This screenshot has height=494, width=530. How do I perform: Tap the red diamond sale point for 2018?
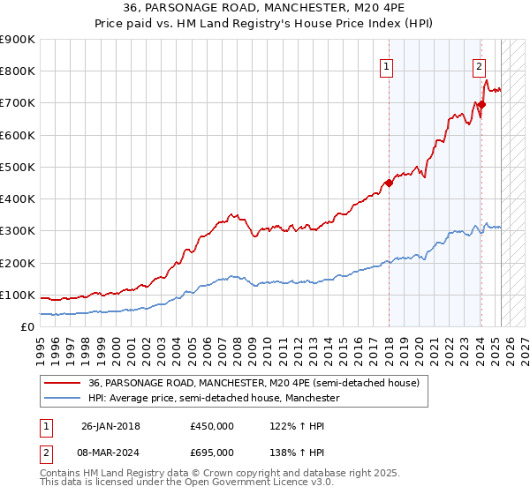(x=389, y=183)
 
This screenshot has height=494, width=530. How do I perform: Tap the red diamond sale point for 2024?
(x=481, y=105)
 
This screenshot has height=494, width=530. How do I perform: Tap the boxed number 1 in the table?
(x=47, y=426)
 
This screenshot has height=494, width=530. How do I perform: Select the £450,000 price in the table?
(x=212, y=426)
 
